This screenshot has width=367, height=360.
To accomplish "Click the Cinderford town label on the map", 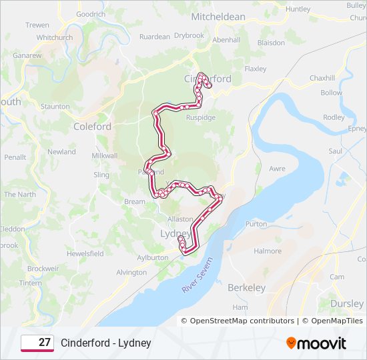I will (208, 79).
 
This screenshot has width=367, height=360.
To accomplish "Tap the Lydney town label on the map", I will (176, 234).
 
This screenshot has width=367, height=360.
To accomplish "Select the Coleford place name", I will (92, 126).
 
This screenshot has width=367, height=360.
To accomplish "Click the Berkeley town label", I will (246, 288).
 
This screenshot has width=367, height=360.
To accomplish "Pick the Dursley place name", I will (347, 303).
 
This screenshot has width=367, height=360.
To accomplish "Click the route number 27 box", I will (37, 343).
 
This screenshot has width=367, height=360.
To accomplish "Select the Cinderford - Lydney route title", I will (106, 343).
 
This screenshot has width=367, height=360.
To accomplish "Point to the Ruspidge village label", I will (200, 117).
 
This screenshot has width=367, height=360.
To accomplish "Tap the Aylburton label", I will (152, 257).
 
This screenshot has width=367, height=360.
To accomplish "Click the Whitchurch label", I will (54, 37).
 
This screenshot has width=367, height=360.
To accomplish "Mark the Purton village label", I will (256, 224).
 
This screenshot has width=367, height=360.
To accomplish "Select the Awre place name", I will (276, 169).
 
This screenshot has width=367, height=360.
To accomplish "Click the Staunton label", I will (55, 106).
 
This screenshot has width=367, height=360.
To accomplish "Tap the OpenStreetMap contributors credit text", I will (242, 321).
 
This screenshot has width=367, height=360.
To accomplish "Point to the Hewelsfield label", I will (85, 253).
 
